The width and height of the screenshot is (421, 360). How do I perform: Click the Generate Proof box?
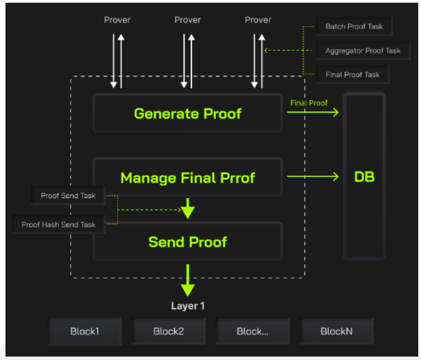tap(188, 113)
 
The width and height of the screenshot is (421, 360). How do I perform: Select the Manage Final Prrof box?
tap(188, 177)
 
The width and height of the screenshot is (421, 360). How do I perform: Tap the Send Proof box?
tap(188, 241)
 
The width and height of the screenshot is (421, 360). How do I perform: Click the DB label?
tap(364, 177)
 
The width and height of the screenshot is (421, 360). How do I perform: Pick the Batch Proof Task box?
tap(354, 26)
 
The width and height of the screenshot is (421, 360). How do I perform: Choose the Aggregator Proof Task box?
tap(363, 51)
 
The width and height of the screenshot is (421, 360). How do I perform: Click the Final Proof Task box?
tap(352, 74)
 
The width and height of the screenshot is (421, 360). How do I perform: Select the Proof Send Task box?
tap(68, 195)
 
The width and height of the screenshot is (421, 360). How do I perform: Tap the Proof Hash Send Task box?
tap(58, 224)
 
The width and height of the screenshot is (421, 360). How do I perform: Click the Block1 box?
tap(84, 331)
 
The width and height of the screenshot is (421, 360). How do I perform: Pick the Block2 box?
tap(169, 331)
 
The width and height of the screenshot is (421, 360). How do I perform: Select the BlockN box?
tap(337, 331)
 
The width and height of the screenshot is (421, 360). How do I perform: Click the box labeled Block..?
tap(252, 331)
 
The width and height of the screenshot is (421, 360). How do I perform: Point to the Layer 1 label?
tap(188, 306)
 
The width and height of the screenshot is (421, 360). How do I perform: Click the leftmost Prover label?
tap(117, 20)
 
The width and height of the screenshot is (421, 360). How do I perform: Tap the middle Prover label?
tap(187, 20)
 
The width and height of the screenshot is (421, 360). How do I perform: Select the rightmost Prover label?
tap(258, 20)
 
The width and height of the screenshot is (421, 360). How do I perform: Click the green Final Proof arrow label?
tap(309, 103)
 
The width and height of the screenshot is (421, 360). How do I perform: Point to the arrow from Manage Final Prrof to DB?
tap(313, 176)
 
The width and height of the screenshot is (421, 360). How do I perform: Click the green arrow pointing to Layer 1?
tap(188, 280)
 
